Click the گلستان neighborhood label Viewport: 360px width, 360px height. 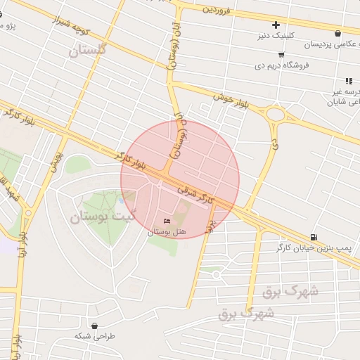[x=87, y=51]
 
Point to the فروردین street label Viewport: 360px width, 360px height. [x=217, y=9]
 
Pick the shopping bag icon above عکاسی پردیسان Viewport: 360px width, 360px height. [x=338, y=33]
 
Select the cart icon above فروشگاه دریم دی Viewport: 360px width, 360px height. [x=281, y=54]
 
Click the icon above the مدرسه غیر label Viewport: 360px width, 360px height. [x=349, y=81]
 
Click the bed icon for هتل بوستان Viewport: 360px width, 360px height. [x=167, y=221]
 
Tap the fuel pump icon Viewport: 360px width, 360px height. [x=313, y=237]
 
